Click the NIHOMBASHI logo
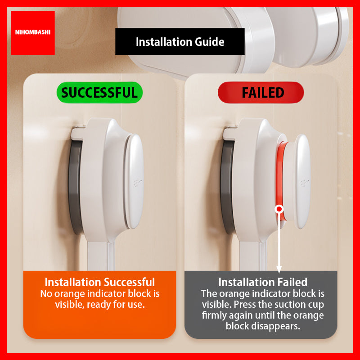click(32, 33)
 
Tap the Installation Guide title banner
click(180, 42)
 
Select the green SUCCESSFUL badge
click(99, 93)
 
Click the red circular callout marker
click(279, 209)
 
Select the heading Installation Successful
click(99, 282)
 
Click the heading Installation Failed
click(263, 282)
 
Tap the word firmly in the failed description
click(216, 315)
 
